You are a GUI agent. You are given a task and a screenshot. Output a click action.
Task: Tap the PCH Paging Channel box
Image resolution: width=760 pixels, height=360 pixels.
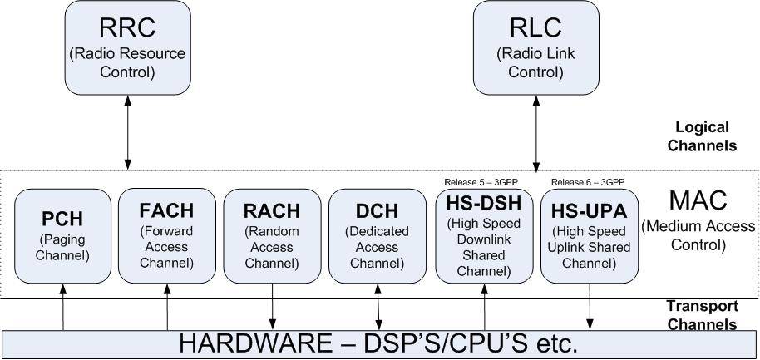click(x=62, y=234)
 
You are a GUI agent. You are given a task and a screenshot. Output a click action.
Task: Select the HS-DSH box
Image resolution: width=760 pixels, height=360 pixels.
click(x=484, y=236)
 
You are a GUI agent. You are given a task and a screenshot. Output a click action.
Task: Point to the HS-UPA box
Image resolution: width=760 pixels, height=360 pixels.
click(x=590, y=236)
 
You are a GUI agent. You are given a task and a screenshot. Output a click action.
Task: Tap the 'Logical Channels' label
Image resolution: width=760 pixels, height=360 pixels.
click(x=703, y=136)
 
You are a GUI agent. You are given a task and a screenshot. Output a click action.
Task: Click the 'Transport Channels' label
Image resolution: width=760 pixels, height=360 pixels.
click(x=703, y=315)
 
